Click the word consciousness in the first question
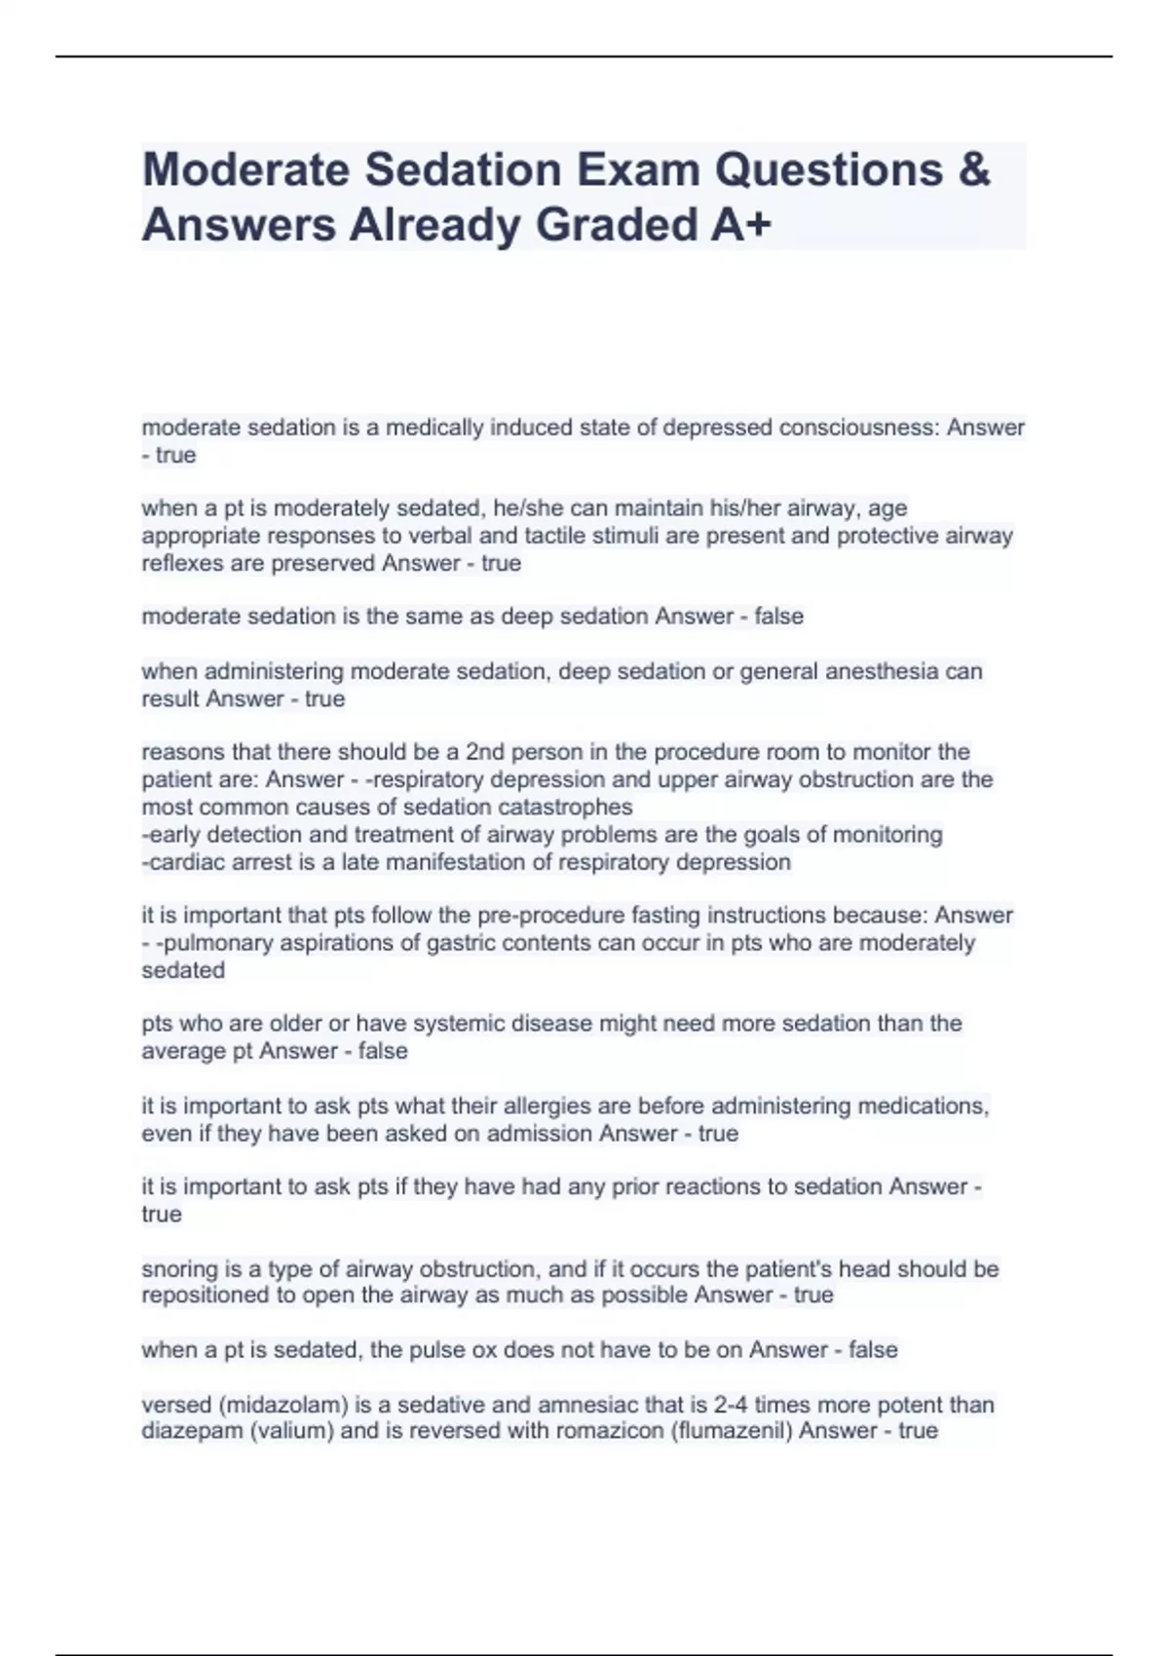coord(858,428)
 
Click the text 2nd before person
coord(489,752)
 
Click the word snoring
coord(178,1269)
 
